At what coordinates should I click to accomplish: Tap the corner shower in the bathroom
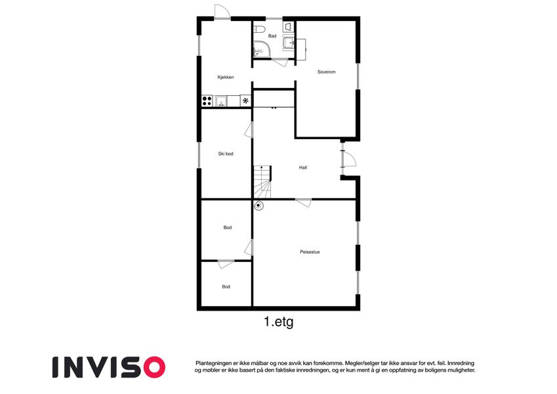[261, 49]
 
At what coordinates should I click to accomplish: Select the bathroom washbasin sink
[288, 43]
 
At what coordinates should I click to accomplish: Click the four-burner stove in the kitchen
[207, 100]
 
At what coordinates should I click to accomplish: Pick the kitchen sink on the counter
[220, 101]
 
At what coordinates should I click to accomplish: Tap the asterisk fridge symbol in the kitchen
[245, 100]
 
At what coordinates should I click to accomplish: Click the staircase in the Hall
[262, 182]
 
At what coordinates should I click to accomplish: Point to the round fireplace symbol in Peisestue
[258, 205]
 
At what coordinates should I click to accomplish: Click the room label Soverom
[327, 72]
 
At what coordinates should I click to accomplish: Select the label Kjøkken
[226, 77]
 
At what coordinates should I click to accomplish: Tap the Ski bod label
[226, 154]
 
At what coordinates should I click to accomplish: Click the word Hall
[303, 167]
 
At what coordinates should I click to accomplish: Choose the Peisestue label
[310, 252]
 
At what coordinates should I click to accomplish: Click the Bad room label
[272, 36]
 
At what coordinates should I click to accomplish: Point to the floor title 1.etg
[278, 322]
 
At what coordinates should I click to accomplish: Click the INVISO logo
[109, 367]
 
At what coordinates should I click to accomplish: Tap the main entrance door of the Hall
[348, 159]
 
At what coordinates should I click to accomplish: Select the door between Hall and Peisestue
[304, 203]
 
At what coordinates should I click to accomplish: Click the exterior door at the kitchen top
[222, 11]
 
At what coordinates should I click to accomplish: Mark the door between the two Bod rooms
[226, 264]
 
